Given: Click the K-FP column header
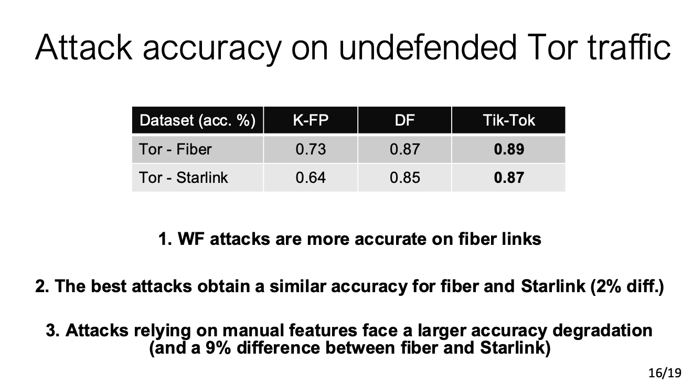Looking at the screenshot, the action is click(x=311, y=120).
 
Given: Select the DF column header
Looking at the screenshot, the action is click(x=404, y=120).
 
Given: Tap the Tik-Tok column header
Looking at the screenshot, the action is click(x=509, y=120).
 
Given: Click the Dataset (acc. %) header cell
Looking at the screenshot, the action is click(x=197, y=120).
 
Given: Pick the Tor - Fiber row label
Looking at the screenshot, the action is click(x=175, y=149).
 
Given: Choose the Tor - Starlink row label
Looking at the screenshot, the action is click(x=183, y=178).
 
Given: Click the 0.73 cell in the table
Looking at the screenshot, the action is click(x=311, y=149).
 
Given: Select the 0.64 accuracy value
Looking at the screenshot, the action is click(x=311, y=178).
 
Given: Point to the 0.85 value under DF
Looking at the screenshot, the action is click(x=404, y=178).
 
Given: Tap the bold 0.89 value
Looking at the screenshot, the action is click(x=509, y=149).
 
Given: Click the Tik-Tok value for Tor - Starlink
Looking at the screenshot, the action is click(x=509, y=178).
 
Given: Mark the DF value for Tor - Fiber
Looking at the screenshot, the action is click(x=404, y=149).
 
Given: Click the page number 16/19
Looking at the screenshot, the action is click(x=665, y=373).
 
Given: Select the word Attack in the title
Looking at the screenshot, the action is click(x=84, y=47).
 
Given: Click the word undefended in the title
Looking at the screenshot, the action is click(x=428, y=47).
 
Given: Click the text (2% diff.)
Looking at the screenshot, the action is click(x=627, y=286).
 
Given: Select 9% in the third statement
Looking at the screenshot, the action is click(x=218, y=348).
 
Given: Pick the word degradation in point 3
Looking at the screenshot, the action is click(x=603, y=331).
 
